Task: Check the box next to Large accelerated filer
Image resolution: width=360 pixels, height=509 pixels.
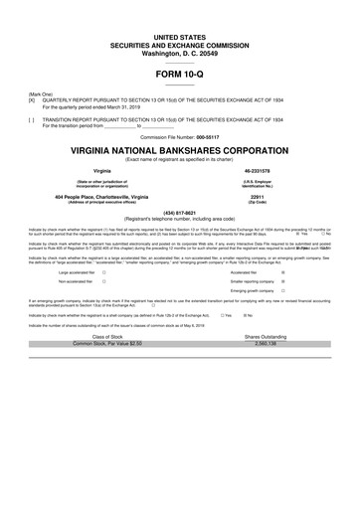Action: pos(104,270)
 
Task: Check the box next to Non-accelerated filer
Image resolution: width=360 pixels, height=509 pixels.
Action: pos(104,281)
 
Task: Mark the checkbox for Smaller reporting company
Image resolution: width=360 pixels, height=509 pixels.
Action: pos(283,281)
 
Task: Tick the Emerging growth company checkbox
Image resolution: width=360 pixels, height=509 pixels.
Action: pos(283,292)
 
